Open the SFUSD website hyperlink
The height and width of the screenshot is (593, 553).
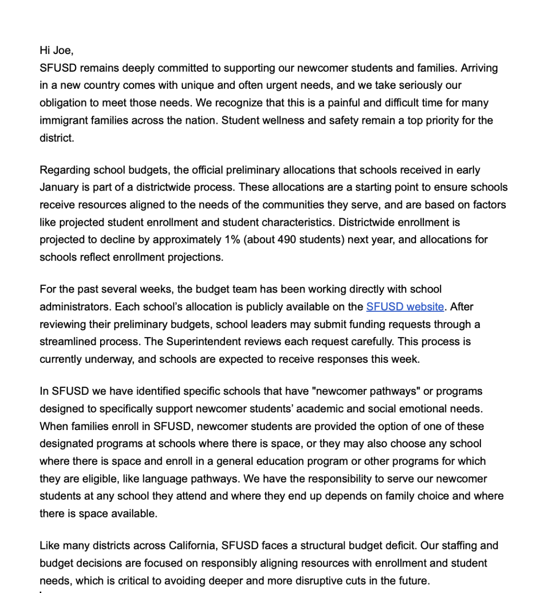[405, 307]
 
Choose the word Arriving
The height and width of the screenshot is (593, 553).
[479, 68]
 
